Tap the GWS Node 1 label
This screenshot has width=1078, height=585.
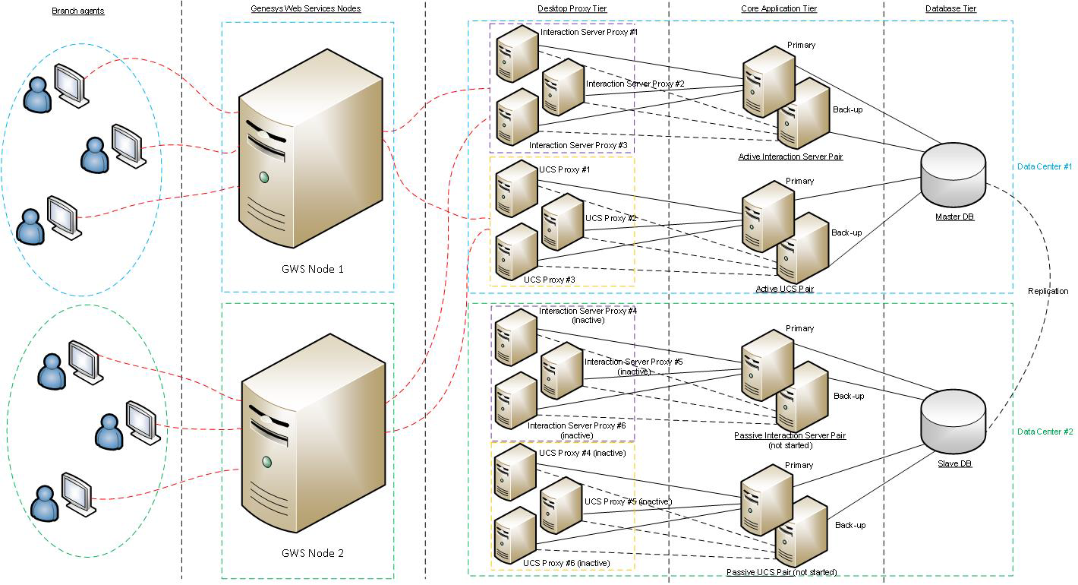click(x=313, y=269)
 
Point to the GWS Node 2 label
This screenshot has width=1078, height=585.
click(x=313, y=553)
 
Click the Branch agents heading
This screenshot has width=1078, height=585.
click(x=78, y=10)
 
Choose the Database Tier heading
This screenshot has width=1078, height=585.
click(x=950, y=9)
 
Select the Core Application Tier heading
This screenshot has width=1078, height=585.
click(x=779, y=9)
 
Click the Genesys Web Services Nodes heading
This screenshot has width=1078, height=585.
click(x=306, y=9)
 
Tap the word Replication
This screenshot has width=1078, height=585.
click(x=1048, y=291)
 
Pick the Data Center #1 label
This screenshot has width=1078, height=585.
click(x=1045, y=166)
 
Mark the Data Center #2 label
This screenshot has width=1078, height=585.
click(x=1045, y=432)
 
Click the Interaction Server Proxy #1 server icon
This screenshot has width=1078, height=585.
click(x=517, y=53)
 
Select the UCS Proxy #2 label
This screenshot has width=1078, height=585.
click(x=611, y=219)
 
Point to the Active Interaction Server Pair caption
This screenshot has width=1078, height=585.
click(x=790, y=157)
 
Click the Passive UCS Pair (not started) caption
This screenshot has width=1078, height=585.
click(x=781, y=572)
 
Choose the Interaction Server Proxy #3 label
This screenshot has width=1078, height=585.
click(x=578, y=145)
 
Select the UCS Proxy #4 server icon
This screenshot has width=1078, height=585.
click(x=515, y=472)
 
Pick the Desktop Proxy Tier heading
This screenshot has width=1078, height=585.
click(x=572, y=9)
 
